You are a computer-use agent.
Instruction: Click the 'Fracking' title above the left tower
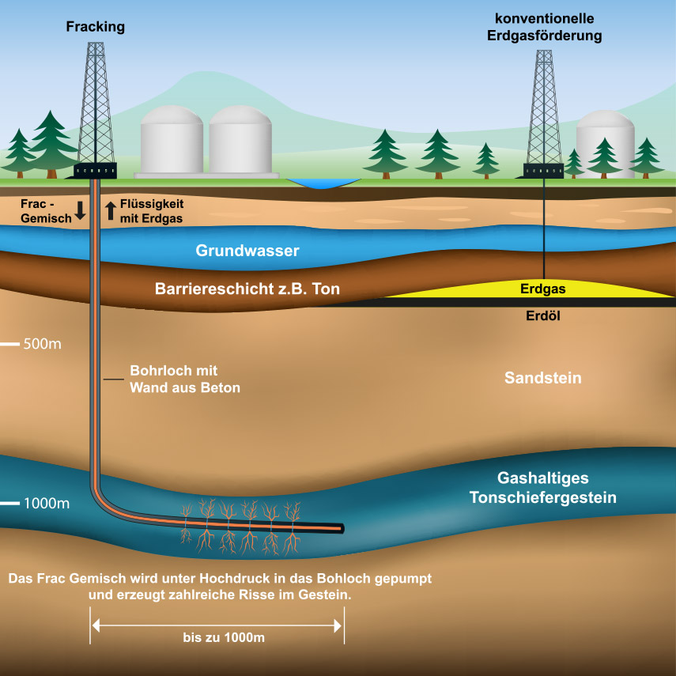95,27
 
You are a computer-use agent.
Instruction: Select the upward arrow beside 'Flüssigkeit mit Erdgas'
111,210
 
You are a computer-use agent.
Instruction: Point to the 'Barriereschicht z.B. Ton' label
247,289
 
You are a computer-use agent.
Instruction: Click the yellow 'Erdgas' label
542,289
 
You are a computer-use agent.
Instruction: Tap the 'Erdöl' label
542,315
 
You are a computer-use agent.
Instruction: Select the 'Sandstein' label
542,378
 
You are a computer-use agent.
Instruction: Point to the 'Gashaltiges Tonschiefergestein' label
542,488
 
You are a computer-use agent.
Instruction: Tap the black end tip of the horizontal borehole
341,527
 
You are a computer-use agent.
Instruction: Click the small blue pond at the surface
323,183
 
